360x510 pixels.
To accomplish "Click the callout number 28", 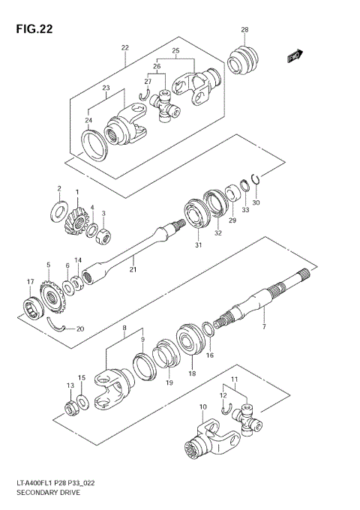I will pyautogui.click(x=244, y=30).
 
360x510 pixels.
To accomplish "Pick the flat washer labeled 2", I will pyautogui.click(x=58, y=211).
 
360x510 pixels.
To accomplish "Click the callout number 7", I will pyautogui.click(x=263, y=327).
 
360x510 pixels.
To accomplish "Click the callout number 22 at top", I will pyautogui.click(x=125, y=47).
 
